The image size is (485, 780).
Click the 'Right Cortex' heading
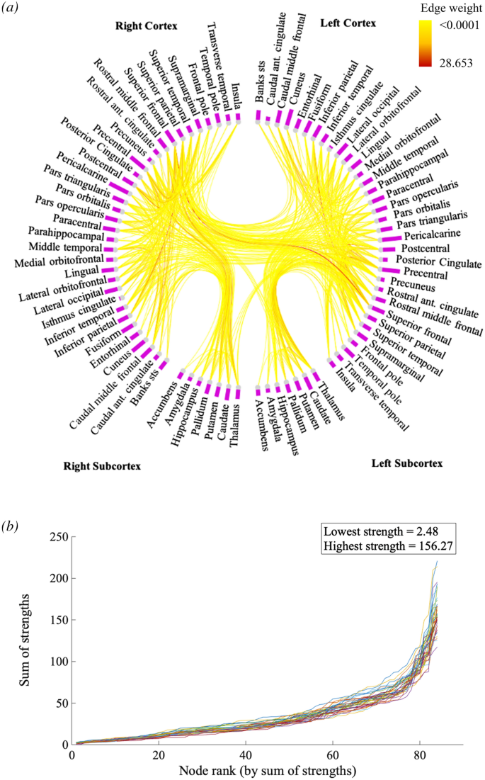146,26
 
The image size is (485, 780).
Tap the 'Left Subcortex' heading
407,463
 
